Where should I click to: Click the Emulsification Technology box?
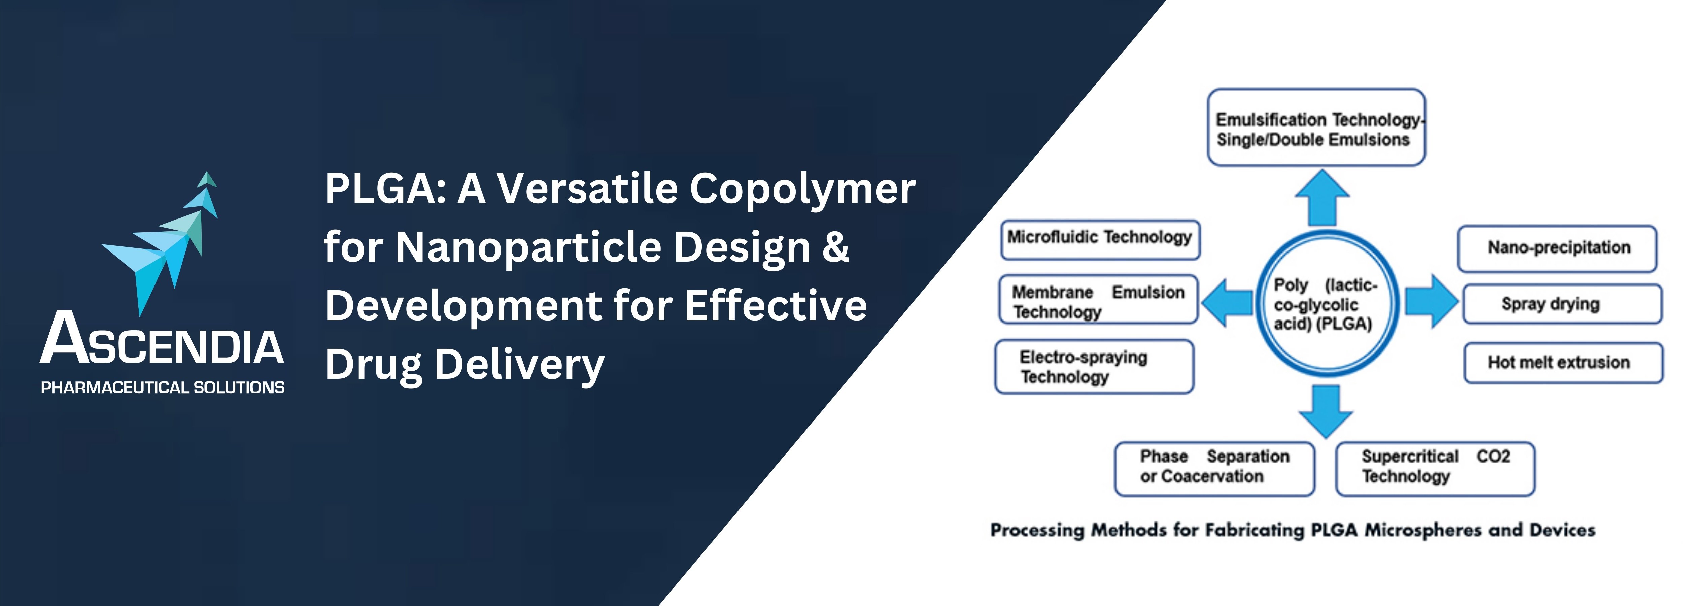[1316, 128]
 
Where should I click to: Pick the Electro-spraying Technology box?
[1094, 367]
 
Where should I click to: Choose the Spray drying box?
[1562, 304]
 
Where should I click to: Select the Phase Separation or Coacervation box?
[1214, 469]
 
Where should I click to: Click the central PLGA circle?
[1327, 303]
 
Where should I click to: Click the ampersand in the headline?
[836, 247]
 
